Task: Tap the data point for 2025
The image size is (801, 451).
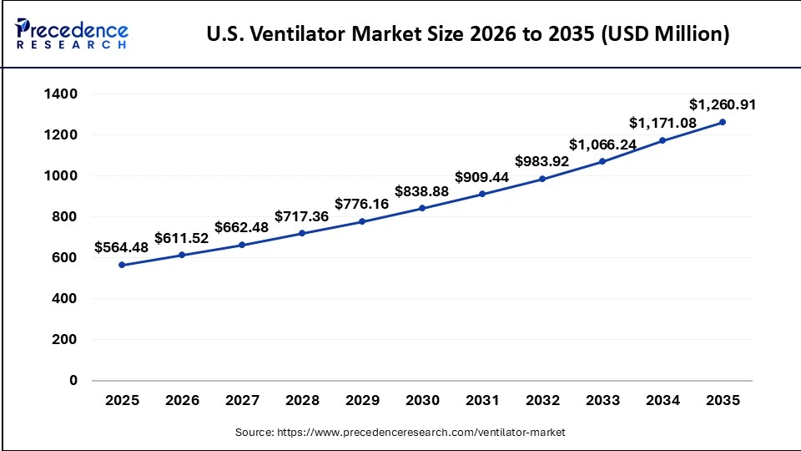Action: point(122,265)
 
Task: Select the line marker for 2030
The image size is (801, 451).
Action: point(422,208)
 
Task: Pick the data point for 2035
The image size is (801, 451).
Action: point(723,122)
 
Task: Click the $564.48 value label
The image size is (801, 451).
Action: point(122,247)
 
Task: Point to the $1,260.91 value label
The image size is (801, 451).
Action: point(723,104)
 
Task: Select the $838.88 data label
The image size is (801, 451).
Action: point(422,190)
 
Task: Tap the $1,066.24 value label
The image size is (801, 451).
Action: point(602,144)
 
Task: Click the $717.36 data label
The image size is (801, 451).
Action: point(302,216)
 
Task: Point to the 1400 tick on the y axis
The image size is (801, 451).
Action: point(61,94)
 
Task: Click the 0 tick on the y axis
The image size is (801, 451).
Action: point(73,380)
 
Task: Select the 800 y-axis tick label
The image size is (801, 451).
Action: point(65,217)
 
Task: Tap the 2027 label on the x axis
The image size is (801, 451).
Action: point(242,401)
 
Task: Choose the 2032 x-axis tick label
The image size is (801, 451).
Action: point(542,401)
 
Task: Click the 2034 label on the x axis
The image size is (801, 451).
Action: point(662,401)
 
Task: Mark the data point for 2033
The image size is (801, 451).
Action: point(602,161)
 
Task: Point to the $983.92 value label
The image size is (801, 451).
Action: point(542,160)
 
